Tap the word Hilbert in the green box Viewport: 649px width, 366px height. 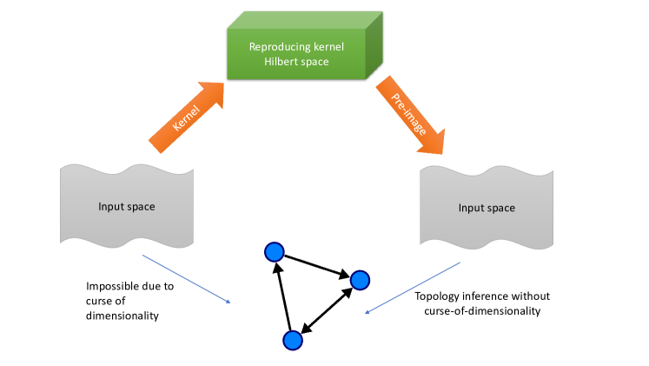(x=281, y=62)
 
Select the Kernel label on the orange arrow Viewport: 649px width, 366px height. (x=186, y=118)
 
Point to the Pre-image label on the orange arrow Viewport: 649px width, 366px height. (x=408, y=114)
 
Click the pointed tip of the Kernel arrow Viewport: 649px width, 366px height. (x=223, y=83)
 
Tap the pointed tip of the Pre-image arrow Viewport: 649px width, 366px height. (x=442, y=154)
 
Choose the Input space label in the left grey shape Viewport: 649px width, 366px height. (x=127, y=207)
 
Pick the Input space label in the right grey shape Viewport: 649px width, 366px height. (x=487, y=208)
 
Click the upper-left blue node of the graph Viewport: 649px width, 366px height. (x=274, y=252)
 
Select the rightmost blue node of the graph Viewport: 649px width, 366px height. (x=360, y=280)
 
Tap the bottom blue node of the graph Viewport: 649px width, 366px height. (x=293, y=340)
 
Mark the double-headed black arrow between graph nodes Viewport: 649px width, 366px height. (x=327, y=310)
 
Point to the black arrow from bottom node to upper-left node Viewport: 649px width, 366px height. (x=283, y=296)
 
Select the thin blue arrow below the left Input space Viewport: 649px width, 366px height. (x=186, y=279)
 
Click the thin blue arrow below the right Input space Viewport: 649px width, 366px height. (x=412, y=288)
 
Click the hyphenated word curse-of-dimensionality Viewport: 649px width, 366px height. (x=482, y=311)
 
